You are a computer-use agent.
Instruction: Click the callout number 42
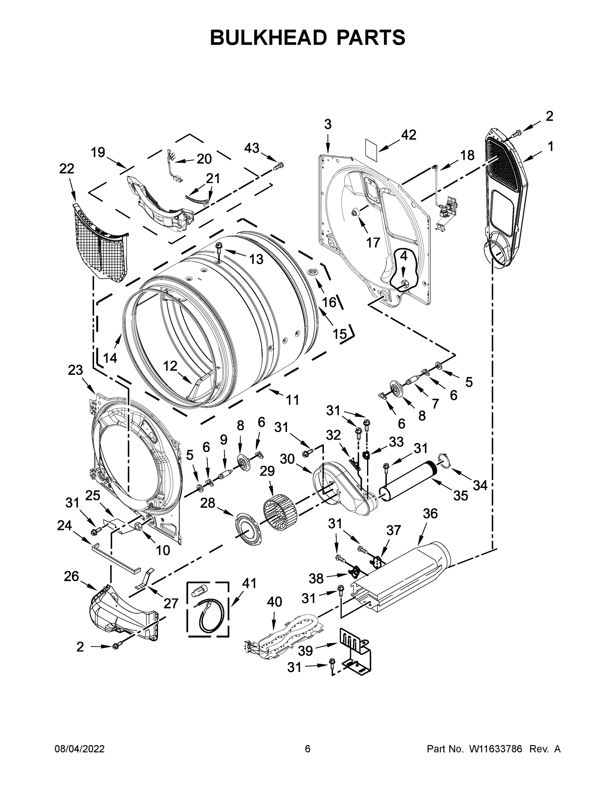point(408,135)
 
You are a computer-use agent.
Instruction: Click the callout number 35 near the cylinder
point(460,496)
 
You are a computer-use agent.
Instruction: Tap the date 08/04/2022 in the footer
point(80,749)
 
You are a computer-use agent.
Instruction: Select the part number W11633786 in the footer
point(496,749)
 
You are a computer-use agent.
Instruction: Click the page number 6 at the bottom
point(308,749)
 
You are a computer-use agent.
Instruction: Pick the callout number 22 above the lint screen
point(67,168)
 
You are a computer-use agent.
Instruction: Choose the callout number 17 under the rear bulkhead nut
point(373,242)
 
